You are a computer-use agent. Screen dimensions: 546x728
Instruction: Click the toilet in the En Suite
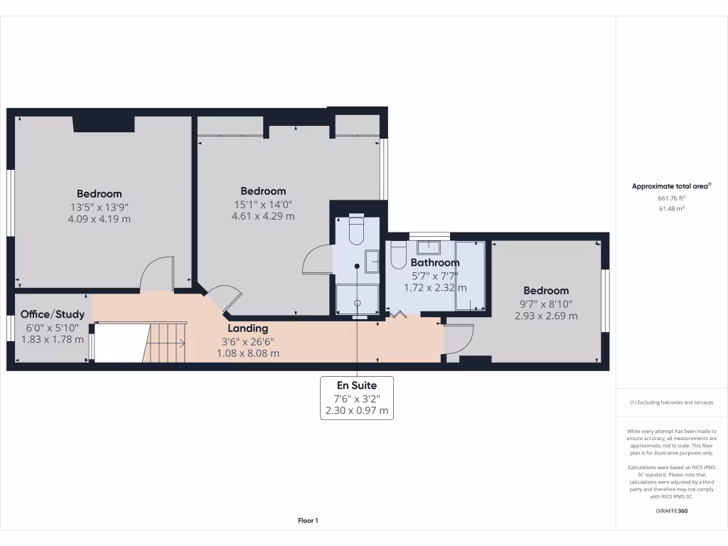[357, 226]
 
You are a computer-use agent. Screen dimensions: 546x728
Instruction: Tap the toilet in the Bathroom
[399, 255]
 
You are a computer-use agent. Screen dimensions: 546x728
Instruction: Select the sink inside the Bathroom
[429, 247]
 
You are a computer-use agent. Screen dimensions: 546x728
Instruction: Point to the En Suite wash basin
[373, 261]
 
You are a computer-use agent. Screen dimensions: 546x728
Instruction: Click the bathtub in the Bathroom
[470, 276]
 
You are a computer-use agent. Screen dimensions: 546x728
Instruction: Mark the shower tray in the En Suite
[357, 299]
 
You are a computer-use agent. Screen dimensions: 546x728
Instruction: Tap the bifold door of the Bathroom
[397, 314]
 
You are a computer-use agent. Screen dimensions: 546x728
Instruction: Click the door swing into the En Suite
[317, 259]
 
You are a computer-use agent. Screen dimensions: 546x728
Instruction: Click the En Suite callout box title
[357, 385]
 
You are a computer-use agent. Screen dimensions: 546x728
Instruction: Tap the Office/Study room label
[53, 314]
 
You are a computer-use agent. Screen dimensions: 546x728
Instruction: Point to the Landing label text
[247, 328]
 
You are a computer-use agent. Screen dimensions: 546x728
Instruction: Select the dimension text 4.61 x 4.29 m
[263, 216]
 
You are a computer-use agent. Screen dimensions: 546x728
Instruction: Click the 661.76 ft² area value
[671, 198]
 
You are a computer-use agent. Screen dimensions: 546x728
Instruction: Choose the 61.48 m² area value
[671, 208]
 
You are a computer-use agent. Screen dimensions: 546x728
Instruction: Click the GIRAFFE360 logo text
[672, 511]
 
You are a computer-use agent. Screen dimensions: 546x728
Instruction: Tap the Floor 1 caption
[308, 520]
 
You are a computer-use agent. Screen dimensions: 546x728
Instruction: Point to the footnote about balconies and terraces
[671, 402]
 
